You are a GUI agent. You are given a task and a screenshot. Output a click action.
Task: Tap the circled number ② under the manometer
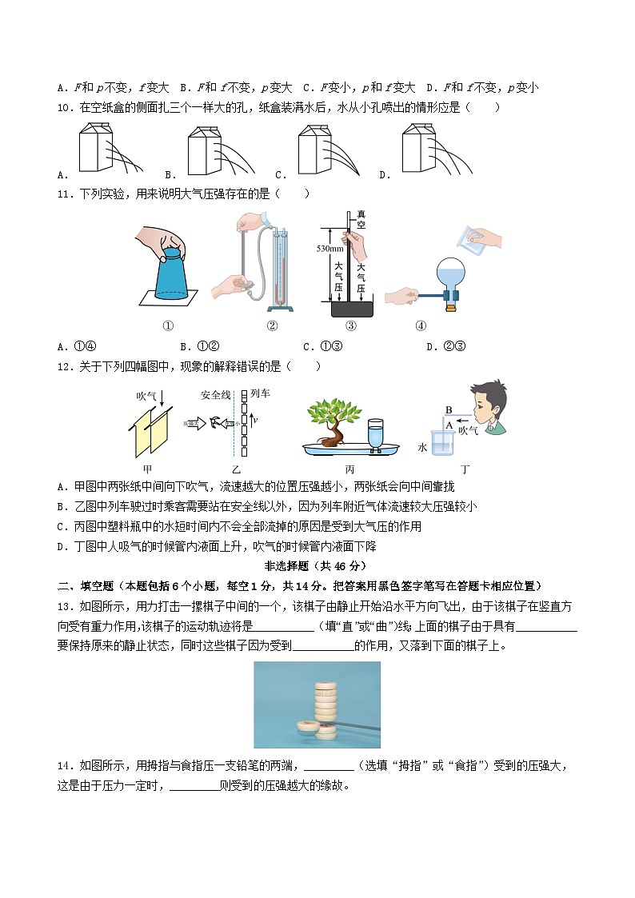272,325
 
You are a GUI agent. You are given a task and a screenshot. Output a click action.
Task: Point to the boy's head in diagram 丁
486,403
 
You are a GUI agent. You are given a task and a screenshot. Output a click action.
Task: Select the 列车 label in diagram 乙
261,393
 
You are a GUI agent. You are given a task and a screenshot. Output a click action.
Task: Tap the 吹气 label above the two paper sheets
146,395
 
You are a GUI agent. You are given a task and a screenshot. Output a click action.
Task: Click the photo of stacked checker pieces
317,704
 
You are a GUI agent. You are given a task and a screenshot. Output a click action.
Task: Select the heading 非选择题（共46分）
317,566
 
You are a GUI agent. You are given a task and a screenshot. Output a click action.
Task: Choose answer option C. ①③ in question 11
323,346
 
